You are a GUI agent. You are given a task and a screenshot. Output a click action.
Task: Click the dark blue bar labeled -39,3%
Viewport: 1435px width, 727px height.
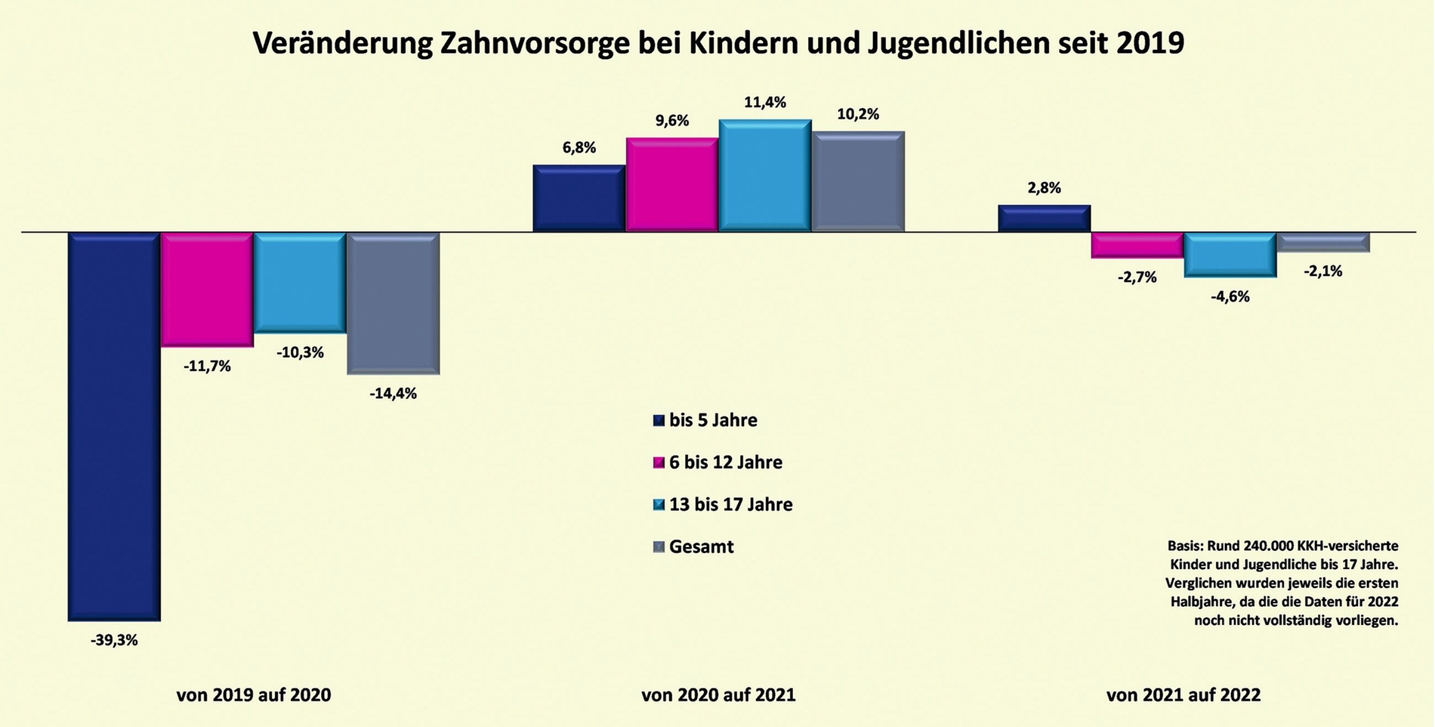coord(114,426)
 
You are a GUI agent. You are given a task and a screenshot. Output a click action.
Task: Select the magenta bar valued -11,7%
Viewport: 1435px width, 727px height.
coord(207,289)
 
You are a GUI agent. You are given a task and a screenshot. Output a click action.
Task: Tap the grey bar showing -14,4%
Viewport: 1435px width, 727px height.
coord(393,303)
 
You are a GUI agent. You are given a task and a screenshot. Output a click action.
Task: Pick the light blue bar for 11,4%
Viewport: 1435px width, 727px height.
coord(765,175)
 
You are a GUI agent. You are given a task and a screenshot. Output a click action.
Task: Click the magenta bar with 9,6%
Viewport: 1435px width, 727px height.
coord(672,184)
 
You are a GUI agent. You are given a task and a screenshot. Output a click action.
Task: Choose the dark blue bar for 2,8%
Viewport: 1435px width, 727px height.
coord(1044,218)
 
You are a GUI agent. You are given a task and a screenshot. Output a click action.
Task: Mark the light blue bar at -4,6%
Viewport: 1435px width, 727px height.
coord(1230,255)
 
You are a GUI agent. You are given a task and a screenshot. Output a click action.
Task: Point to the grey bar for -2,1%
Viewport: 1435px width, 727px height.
coord(1323,242)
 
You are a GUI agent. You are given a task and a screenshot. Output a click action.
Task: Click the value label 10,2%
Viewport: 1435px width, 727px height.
coord(858,115)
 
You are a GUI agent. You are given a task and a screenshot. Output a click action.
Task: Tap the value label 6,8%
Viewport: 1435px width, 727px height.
coord(579,148)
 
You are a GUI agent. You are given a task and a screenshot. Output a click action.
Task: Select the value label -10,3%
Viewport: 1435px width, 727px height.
coord(300,352)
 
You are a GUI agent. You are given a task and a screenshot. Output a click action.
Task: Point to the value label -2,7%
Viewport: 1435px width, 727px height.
coord(1137,277)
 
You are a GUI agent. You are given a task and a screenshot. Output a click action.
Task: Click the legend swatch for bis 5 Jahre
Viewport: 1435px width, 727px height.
coord(659,420)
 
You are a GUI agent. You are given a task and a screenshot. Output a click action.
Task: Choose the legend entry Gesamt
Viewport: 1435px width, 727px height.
coord(701,546)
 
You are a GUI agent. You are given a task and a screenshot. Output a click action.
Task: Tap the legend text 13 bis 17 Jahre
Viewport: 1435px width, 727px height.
coord(730,504)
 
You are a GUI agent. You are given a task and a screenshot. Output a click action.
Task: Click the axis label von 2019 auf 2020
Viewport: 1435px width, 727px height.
coord(254,695)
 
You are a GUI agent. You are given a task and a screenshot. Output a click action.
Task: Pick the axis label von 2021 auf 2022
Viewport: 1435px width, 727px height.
coord(1183,695)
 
